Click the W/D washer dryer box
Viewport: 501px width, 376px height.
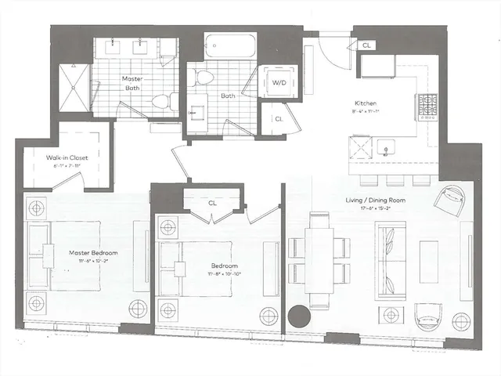(279, 82)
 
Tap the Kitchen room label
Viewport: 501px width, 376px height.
(366, 103)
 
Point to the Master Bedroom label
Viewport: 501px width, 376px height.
(92, 253)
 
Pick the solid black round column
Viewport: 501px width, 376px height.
(298, 317)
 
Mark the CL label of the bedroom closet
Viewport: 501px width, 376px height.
(212, 204)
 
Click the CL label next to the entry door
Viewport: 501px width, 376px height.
(366, 46)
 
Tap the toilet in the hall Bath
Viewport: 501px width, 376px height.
(206, 77)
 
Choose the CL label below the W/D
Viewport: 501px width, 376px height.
(279, 119)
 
